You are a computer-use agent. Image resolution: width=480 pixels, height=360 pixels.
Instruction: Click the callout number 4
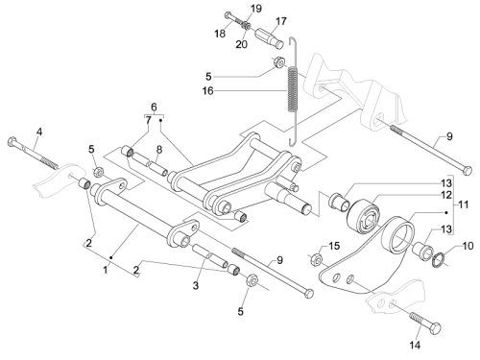(39, 132)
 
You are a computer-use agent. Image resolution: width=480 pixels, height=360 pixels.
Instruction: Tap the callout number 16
(207, 91)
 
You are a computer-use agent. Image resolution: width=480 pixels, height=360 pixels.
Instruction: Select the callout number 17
(281, 21)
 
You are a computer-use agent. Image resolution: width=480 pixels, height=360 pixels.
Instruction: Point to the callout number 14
(415, 345)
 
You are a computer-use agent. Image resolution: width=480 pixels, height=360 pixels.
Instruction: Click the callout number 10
(468, 246)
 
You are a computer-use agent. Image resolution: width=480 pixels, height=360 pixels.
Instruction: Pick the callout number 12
(446, 195)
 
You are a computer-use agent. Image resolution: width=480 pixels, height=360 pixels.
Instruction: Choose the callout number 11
(463, 204)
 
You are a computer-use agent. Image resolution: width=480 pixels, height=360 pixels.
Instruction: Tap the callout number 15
(334, 246)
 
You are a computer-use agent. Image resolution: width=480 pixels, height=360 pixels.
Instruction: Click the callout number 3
(196, 285)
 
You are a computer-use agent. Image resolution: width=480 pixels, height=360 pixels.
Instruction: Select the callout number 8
(159, 149)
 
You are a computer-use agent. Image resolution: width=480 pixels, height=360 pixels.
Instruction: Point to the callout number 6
(154, 107)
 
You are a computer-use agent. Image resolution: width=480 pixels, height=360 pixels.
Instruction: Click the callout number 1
(106, 270)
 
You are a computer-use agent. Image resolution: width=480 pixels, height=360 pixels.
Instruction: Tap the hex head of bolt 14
(436, 328)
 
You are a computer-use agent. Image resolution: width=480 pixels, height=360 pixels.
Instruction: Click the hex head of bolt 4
(12, 142)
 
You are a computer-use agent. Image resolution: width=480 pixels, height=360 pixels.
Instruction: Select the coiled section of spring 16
(293, 89)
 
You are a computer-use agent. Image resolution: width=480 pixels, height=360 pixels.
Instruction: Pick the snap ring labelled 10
(438, 259)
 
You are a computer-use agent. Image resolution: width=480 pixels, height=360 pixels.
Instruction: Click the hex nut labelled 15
(316, 259)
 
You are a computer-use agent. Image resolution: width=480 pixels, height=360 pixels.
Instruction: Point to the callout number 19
(256, 9)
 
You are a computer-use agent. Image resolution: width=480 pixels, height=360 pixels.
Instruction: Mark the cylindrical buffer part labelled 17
(270, 38)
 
